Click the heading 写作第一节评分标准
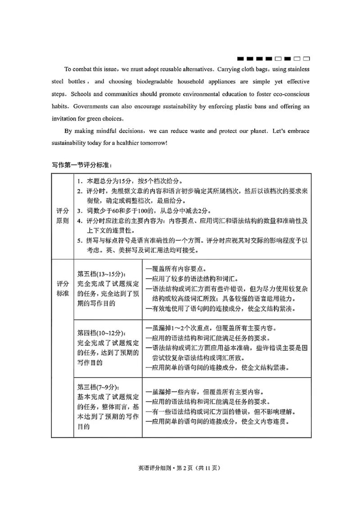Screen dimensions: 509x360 [78, 165]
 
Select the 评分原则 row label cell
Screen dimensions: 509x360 [63, 215]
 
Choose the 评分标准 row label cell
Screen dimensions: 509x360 [63, 289]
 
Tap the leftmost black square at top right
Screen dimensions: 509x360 [240, 59]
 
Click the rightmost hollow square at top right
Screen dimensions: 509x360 [306, 59]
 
